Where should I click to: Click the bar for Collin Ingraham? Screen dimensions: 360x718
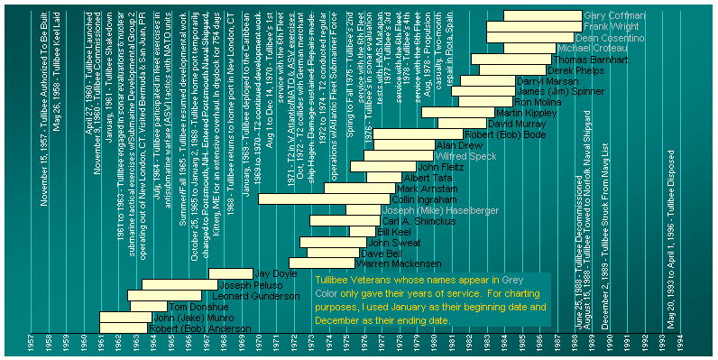tap(324, 199)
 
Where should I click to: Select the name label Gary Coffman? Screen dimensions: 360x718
tap(614, 15)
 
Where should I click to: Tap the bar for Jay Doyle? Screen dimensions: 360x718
tap(230, 273)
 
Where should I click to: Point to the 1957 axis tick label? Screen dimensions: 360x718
tap(31, 345)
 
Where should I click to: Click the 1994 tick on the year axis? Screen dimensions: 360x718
tap(680, 345)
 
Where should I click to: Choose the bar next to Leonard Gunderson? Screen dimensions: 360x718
tap(164, 296)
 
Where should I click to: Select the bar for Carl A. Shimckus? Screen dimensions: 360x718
tap(345, 221)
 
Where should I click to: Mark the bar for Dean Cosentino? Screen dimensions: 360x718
tap(529, 38)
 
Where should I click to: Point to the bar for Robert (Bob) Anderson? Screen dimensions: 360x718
tap(122, 328)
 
